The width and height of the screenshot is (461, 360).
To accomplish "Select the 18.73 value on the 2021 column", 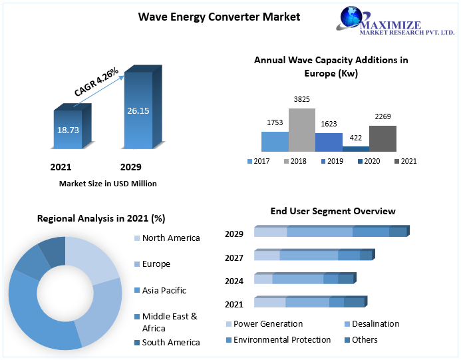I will pyautogui.click(x=68, y=130).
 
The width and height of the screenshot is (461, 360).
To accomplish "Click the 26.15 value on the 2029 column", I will pyautogui.click(x=138, y=110).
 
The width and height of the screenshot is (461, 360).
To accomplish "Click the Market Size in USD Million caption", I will pyautogui.click(x=108, y=184).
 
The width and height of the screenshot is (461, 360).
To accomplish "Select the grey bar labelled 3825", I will pyautogui.click(x=301, y=130).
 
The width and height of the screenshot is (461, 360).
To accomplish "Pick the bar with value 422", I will pyautogui.click(x=356, y=148).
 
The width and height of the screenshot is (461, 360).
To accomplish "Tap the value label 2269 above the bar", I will pyautogui.click(x=383, y=117).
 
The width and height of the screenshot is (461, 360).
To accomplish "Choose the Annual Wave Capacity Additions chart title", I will pyautogui.click(x=331, y=66).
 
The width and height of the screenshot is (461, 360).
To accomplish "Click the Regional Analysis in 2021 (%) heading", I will pyautogui.click(x=101, y=218).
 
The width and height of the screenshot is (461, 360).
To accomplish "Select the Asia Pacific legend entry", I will pyautogui.click(x=164, y=290).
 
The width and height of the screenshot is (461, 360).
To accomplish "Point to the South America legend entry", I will pyautogui.click(x=170, y=342).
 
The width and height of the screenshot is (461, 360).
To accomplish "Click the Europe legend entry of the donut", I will pyautogui.click(x=156, y=264).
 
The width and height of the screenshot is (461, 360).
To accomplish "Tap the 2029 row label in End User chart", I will pyautogui.click(x=234, y=234).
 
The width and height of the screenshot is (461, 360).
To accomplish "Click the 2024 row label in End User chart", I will pyautogui.click(x=234, y=281).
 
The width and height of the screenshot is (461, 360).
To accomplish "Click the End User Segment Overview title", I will pyautogui.click(x=333, y=211).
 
